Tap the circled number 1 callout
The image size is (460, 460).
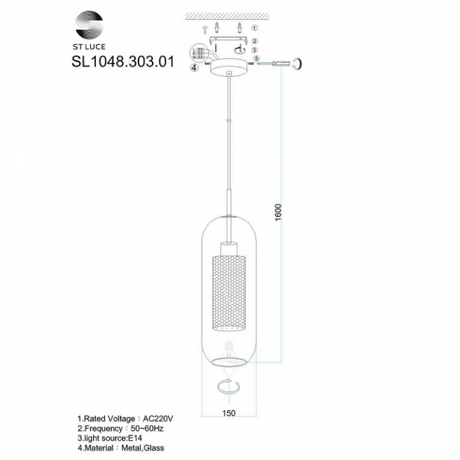(254, 29)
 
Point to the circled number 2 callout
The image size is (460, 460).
(254, 41)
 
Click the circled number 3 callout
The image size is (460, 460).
(254, 51)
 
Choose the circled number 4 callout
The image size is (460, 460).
(193, 67)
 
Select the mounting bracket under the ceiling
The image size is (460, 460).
(227, 41)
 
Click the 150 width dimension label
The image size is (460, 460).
(229, 414)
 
